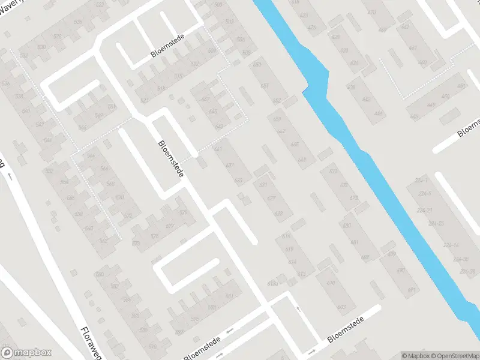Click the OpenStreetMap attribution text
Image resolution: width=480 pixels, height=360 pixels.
pyautogui.click(x=455, y=356)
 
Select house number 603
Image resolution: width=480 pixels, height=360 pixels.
pyautogui.click(x=341, y=307)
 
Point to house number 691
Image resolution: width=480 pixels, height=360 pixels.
pyautogui.click(x=412, y=290)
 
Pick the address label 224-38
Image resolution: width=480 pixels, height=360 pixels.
pyautogui.click(x=468, y=271)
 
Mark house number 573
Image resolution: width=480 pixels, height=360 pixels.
pyautogui.click(x=136, y=243)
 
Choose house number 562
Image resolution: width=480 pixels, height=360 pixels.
pyautogui.click(x=103, y=241)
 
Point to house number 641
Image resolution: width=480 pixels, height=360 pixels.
pyautogui.click(x=218, y=149)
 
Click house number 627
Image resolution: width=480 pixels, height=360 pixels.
pyautogui.click(x=271, y=199)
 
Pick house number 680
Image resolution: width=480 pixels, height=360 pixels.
pyautogui.click(x=365, y=258)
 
